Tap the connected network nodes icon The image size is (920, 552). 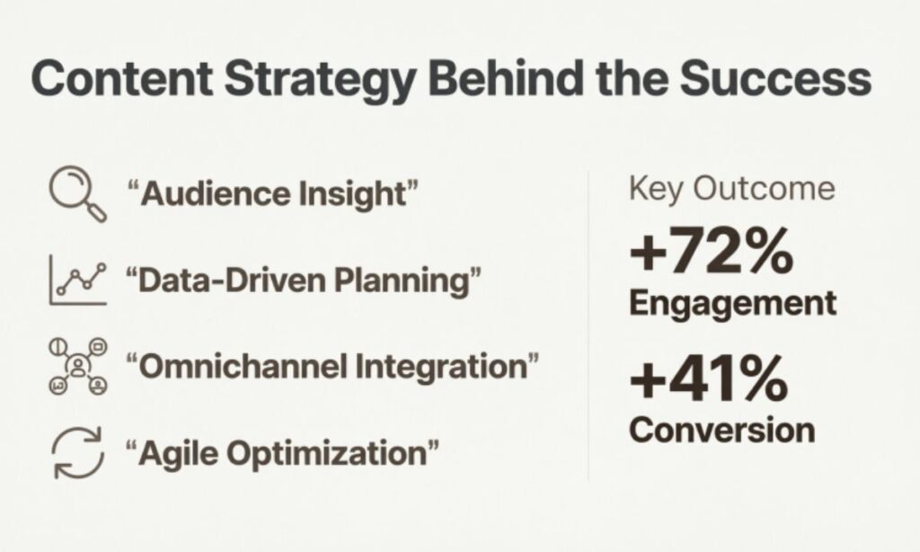coord(76,367)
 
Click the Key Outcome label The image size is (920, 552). coord(731,190)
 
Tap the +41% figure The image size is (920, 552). coord(708,380)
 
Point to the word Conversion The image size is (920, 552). coord(722,429)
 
